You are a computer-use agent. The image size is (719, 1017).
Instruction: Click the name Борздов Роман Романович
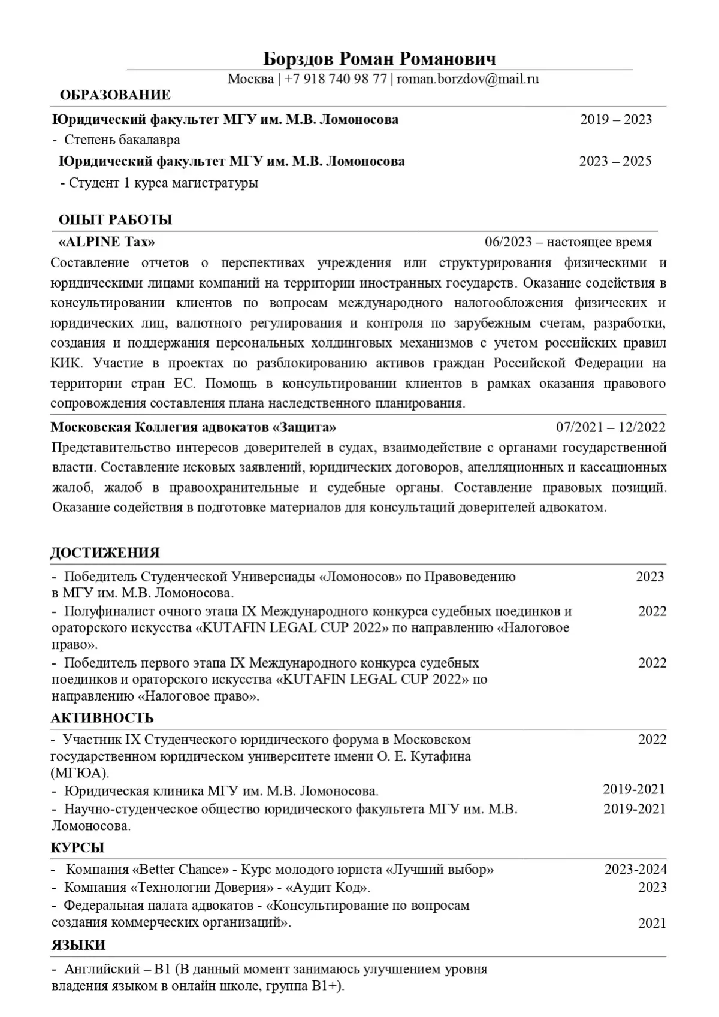[379, 59]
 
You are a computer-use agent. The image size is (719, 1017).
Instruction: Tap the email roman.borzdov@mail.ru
[467, 79]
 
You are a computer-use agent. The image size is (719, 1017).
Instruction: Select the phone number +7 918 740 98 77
[336, 79]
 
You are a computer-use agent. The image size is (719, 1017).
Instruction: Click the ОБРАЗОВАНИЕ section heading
[115, 95]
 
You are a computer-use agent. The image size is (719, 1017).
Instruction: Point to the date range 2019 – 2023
[615, 119]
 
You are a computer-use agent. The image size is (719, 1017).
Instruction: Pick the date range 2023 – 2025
[615, 161]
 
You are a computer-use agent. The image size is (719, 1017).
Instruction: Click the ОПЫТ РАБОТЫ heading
[115, 219]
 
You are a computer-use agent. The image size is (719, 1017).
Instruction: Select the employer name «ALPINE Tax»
[107, 242]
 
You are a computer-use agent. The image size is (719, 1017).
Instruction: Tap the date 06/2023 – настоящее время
[568, 242]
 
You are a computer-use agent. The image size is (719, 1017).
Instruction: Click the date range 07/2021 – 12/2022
[610, 427]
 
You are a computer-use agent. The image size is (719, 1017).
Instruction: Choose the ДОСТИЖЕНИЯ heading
[105, 553]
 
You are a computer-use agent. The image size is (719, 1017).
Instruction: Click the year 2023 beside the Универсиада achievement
[649, 577]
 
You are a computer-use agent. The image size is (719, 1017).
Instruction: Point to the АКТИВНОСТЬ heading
[102, 718]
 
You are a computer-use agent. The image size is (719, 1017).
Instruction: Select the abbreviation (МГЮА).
[80, 772]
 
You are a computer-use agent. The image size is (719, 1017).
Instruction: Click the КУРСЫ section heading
[78, 847]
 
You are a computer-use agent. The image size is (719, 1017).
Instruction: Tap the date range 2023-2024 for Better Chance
[635, 869]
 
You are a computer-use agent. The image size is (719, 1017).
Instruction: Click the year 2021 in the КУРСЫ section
[652, 923]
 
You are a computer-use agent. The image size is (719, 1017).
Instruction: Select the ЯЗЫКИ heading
[78, 945]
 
